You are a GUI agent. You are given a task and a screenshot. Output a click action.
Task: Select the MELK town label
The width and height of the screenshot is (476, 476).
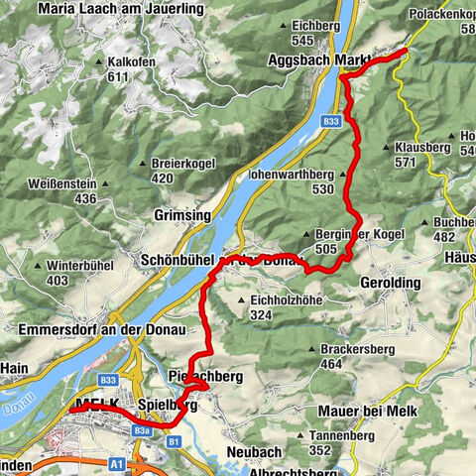(x=96, y=405)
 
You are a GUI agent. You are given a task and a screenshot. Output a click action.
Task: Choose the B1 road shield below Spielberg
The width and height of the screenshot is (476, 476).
(x=174, y=439)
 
